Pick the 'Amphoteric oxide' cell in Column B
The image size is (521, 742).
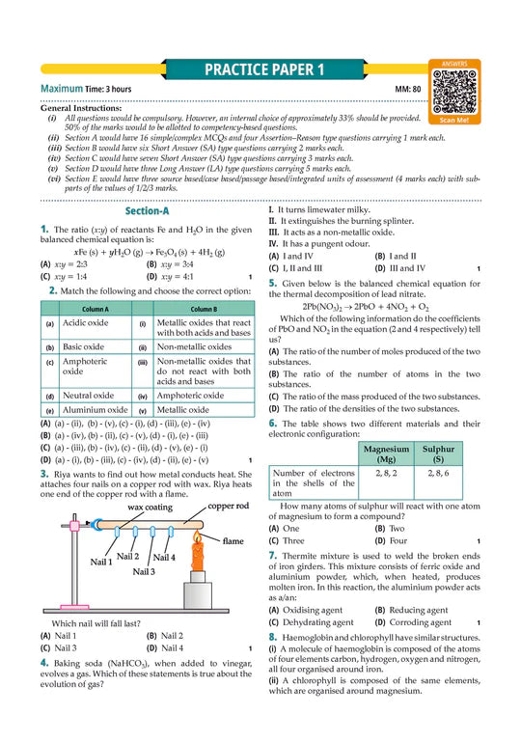(x=189, y=396)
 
